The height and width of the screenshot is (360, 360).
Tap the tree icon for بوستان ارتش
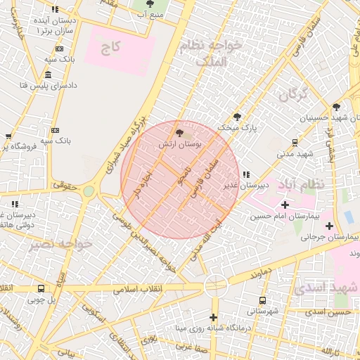(x=179, y=132)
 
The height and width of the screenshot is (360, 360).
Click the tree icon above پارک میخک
(x=238, y=117)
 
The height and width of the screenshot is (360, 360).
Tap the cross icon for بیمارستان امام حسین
(x=284, y=204)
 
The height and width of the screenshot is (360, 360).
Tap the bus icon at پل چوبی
(x=41, y=288)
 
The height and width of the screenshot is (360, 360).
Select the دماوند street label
(x=259, y=273)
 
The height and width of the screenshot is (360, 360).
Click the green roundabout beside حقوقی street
(x=89, y=191)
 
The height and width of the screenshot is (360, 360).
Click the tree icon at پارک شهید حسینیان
(x=336, y=107)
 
